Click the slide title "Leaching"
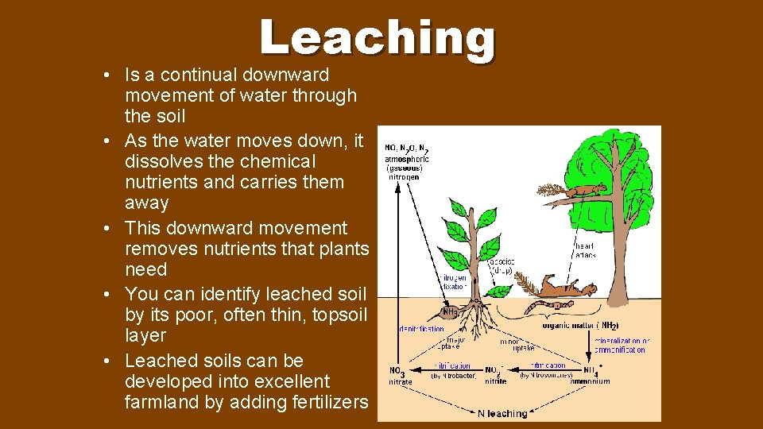click(377, 38)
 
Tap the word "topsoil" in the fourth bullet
click(339, 315)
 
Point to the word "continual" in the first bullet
click(203, 75)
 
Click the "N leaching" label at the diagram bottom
click(502, 413)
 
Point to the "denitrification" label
click(421, 328)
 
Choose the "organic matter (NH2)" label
click(580, 325)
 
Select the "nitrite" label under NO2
click(494, 381)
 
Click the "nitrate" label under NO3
click(400, 382)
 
